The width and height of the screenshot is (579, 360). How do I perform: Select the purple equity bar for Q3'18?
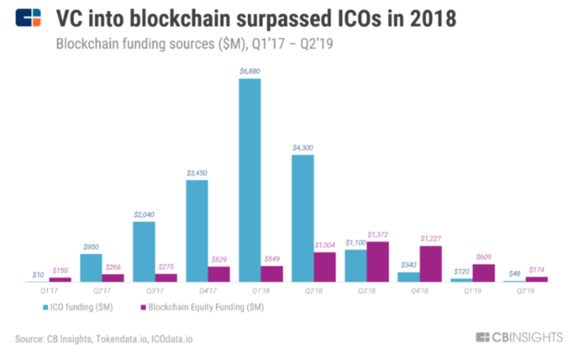377,262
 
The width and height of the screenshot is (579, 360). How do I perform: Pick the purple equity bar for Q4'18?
430,264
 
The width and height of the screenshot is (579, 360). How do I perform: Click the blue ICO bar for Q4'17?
196,231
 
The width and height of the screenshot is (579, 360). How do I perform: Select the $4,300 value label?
302,147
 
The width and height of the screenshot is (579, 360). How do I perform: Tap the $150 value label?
60,270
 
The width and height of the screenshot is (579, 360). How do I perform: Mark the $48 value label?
514,272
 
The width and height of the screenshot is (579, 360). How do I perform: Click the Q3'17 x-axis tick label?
155,291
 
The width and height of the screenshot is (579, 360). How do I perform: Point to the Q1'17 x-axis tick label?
49,291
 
